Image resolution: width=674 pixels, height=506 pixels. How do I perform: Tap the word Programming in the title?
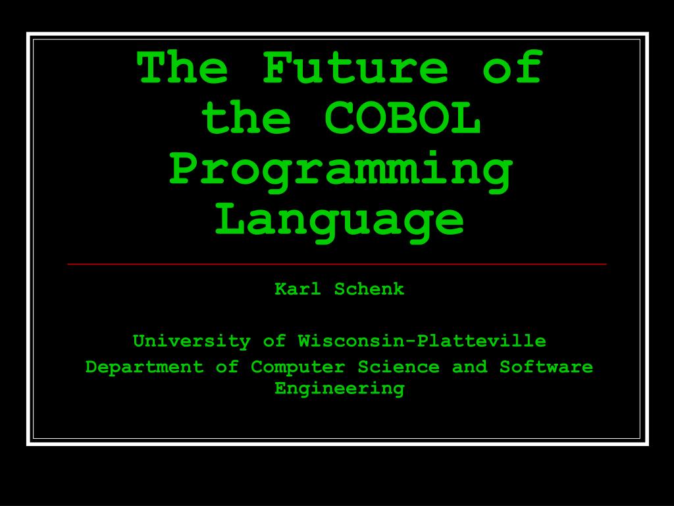(340, 171)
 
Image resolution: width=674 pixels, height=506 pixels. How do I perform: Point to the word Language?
(340, 221)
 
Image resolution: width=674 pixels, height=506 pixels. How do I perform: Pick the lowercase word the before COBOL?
(246, 119)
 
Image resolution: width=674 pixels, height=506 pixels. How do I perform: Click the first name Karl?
(298, 289)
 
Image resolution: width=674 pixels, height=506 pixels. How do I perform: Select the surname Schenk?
(369, 289)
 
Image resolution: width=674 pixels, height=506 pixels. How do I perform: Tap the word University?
(192, 341)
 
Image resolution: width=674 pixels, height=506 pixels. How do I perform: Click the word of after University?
(274, 341)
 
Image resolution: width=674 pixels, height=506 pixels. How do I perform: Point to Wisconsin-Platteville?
(422, 341)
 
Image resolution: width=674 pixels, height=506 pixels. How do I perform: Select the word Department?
(145, 366)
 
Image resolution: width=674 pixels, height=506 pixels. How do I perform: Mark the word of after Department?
(227, 366)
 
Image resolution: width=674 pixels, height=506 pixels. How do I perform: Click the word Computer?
(298, 366)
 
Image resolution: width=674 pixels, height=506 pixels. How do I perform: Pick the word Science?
(398, 366)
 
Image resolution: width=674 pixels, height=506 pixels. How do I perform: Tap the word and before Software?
(469, 366)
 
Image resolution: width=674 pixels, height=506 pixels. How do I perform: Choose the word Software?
(546, 366)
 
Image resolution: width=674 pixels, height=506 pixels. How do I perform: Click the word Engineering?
(340, 388)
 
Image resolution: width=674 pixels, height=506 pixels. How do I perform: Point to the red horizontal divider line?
(337, 264)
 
